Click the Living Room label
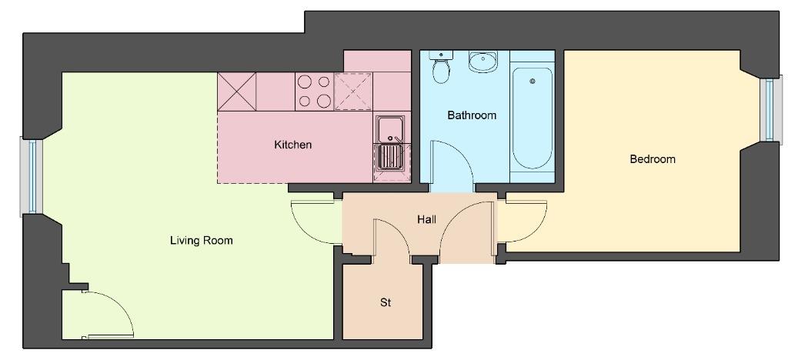(201, 241)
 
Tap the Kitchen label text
(292, 145)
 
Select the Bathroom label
(472, 115)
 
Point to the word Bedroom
(653, 159)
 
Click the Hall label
(426, 219)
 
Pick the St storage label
(386, 303)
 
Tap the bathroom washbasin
(482, 61)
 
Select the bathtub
(533, 118)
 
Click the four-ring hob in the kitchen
(314, 91)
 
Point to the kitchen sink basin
(389, 129)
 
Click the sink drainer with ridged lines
(389, 157)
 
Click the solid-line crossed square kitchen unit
(237, 92)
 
